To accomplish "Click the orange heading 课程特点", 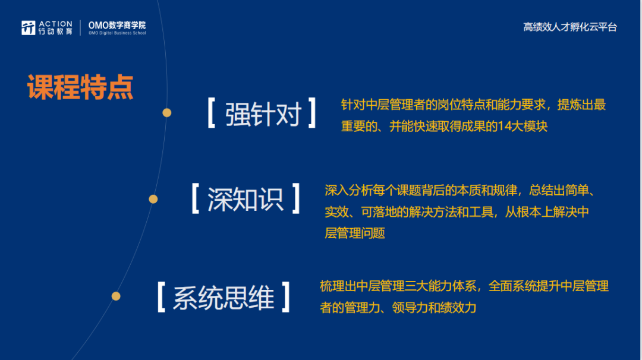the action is pos(80,87).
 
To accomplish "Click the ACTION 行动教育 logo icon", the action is pos(29,28).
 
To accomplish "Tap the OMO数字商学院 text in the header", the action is pos(117,26).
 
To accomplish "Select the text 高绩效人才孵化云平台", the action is pos(570,27).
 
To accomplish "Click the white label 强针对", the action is pos(263,114).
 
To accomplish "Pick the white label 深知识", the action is pos(246,200).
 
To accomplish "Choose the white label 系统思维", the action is pos(224,298).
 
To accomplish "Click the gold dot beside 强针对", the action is pos(166,112).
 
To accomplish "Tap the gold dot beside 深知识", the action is pos(153,199).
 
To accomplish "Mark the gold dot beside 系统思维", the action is pos(116,296).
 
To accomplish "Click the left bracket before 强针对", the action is pos(211,113).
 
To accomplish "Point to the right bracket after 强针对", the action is pos(312,113).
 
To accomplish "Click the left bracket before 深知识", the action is pos(196,198).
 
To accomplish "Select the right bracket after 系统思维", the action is pos(286,297).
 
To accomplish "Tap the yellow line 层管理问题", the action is pos(355,233).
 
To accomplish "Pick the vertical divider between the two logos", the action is pos(80,28).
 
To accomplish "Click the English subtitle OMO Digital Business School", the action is pos(117,33).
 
